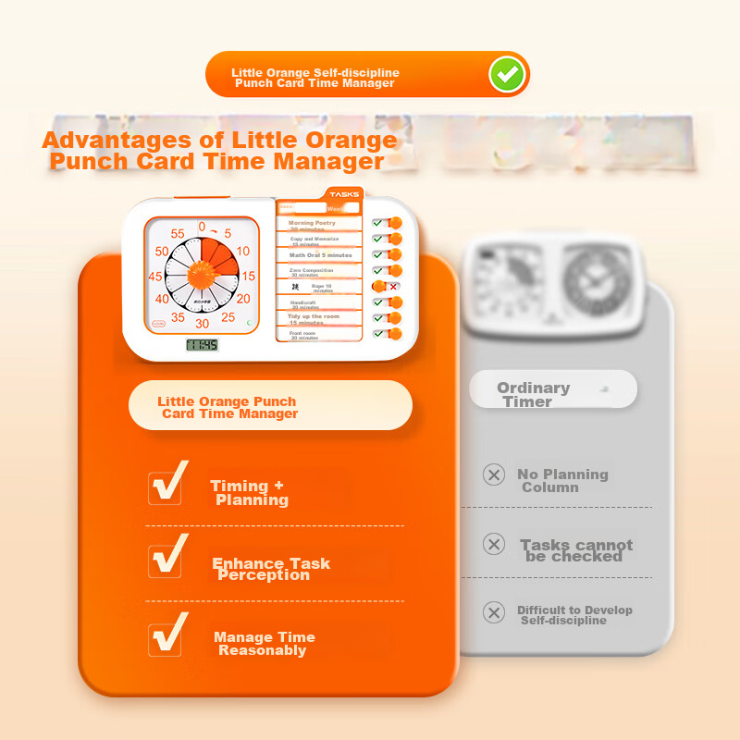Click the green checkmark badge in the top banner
click(x=506, y=74)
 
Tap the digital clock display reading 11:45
click(x=202, y=344)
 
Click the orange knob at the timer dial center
click(x=202, y=275)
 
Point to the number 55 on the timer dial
click(x=178, y=234)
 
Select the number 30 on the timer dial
click(x=202, y=324)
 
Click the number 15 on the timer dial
click(x=248, y=276)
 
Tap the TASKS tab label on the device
click(x=344, y=195)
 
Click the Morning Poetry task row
click(x=319, y=224)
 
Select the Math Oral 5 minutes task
click(x=319, y=255)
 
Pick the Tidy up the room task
click(x=319, y=318)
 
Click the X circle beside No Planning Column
click(x=495, y=475)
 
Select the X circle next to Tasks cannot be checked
click(x=495, y=544)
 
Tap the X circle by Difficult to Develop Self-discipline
click(x=495, y=612)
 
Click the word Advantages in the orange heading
click(x=103, y=142)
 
